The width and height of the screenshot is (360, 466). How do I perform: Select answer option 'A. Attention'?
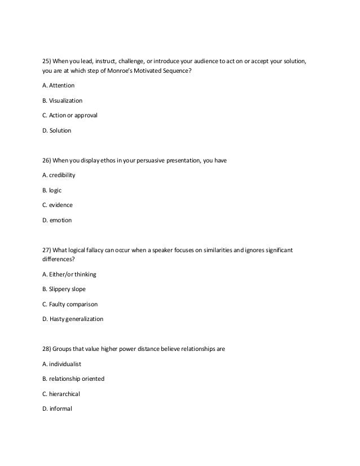pos(58,85)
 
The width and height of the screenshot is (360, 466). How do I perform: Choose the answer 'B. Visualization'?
pos(62,100)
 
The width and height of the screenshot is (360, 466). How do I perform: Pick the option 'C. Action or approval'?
pos(69,116)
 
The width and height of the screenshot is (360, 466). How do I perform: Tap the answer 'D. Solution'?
pos(57,131)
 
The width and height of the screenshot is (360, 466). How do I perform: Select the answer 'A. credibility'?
pos(59,175)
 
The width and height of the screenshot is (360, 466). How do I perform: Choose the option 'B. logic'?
pos(54,190)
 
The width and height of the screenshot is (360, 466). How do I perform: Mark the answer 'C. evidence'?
pos(57,205)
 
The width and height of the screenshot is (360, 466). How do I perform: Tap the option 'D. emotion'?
pos(57,221)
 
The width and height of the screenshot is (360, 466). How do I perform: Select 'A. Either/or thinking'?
pos(69,274)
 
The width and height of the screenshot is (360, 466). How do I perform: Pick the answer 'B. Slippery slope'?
pos(64,289)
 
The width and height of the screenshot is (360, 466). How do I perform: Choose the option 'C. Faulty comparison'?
pos(70,304)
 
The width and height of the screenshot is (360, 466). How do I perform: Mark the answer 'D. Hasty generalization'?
pos(73,319)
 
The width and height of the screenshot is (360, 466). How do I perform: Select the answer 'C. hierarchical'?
pos(63,394)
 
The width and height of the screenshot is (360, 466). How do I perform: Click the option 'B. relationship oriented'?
pos(73,379)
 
